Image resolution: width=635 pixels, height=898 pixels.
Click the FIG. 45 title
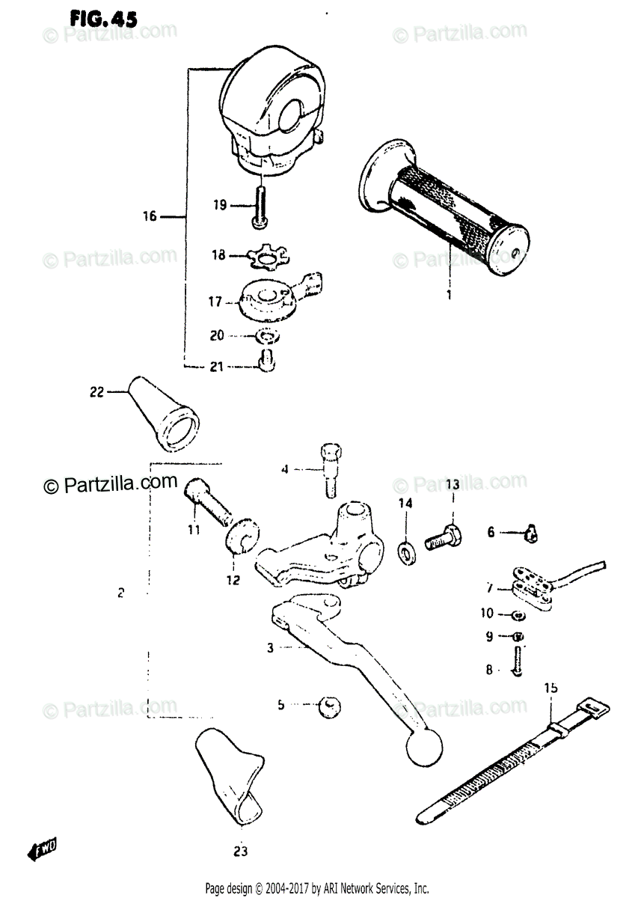click(x=102, y=19)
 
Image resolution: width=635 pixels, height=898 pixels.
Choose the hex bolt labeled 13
click(x=443, y=536)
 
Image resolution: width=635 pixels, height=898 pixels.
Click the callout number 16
click(x=150, y=217)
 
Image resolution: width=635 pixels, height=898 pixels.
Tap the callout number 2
click(x=121, y=593)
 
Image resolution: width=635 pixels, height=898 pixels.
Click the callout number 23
click(x=242, y=851)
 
